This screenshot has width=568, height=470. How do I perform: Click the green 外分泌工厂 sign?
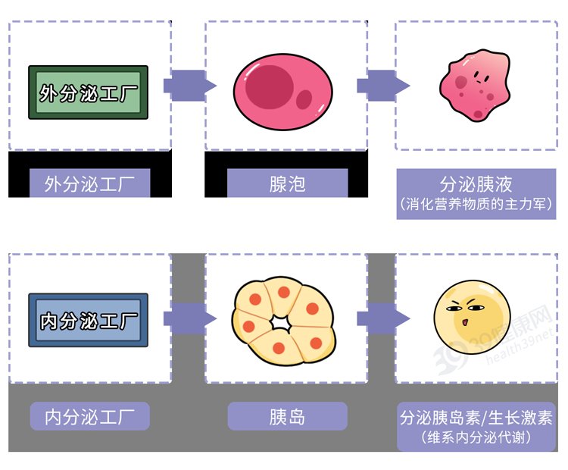tap(88, 92)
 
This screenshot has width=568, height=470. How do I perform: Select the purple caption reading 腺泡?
tap(287, 183)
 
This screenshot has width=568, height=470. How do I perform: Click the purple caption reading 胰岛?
tap(287, 416)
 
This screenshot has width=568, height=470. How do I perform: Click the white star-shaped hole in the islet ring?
tap(282, 321)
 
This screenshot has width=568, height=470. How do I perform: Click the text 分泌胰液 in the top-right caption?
tap(476, 184)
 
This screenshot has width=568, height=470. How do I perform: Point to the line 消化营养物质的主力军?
tap(476, 205)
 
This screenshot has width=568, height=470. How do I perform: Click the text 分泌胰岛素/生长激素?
tap(476, 418)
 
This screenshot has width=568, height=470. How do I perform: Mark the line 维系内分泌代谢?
tap(476, 437)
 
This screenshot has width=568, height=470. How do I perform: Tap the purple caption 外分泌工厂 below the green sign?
tap(89, 183)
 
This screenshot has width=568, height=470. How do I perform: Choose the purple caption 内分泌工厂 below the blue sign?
tap(89, 416)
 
